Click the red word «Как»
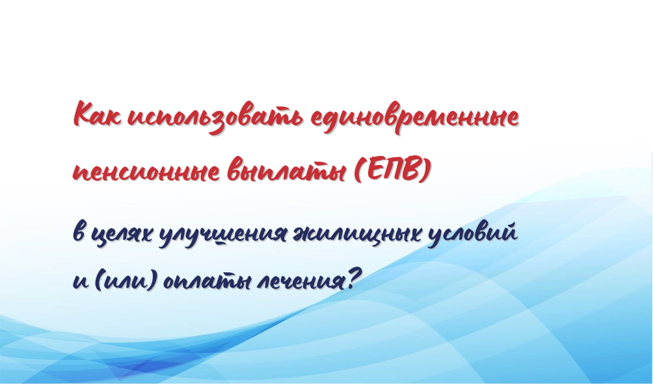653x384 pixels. pos(98,114)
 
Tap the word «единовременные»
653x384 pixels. pos(415,118)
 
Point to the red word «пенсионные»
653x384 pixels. pos(146,172)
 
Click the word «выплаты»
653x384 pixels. pos(287,170)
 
